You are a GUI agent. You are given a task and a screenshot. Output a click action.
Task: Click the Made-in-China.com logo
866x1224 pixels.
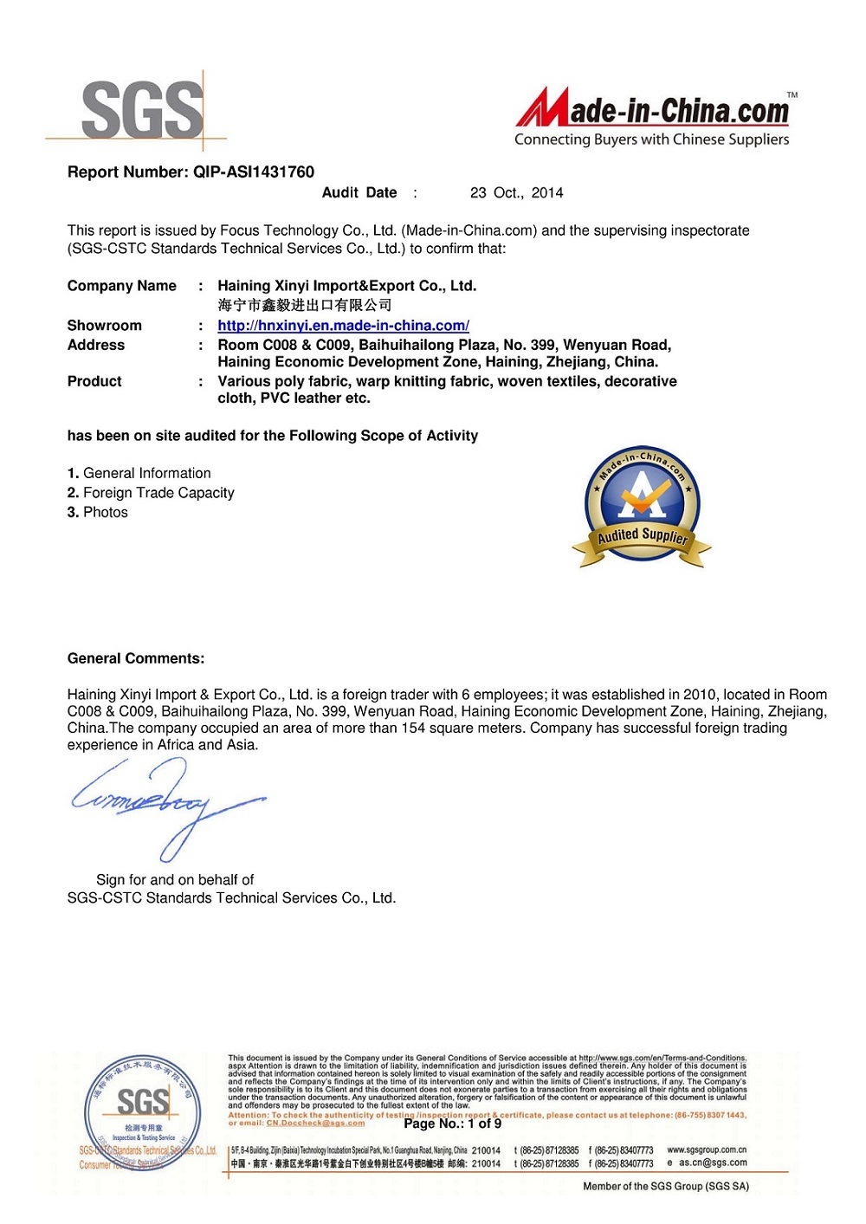click(655, 118)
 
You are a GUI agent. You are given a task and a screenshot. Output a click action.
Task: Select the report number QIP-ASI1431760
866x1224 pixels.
click(253, 172)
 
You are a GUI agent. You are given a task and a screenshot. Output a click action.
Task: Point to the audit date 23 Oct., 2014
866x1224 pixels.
click(516, 192)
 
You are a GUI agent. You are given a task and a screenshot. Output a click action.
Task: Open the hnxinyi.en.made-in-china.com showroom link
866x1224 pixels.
click(343, 326)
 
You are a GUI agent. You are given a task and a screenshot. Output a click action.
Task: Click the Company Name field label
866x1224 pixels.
click(121, 286)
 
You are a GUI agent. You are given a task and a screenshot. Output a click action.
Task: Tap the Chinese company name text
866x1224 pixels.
click(304, 305)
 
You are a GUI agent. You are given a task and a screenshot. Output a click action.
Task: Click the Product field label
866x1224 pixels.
click(94, 381)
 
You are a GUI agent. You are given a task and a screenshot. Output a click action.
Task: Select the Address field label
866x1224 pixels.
click(96, 345)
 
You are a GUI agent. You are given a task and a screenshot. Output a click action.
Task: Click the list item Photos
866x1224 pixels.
click(105, 513)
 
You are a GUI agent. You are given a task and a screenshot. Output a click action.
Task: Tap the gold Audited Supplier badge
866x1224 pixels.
click(642, 508)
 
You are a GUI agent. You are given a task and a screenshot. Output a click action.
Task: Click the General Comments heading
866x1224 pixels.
click(136, 658)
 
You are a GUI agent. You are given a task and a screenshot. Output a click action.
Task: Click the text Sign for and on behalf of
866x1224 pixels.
click(175, 879)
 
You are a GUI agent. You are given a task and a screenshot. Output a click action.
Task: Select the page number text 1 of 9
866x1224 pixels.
click(484, 1124)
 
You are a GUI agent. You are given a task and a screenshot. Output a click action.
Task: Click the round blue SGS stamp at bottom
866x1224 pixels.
click(142, 1111)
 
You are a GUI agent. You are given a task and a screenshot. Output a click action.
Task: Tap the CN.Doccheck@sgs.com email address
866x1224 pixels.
click(315, 1124)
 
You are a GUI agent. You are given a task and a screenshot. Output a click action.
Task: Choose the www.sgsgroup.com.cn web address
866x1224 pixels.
click(707, 1150)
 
